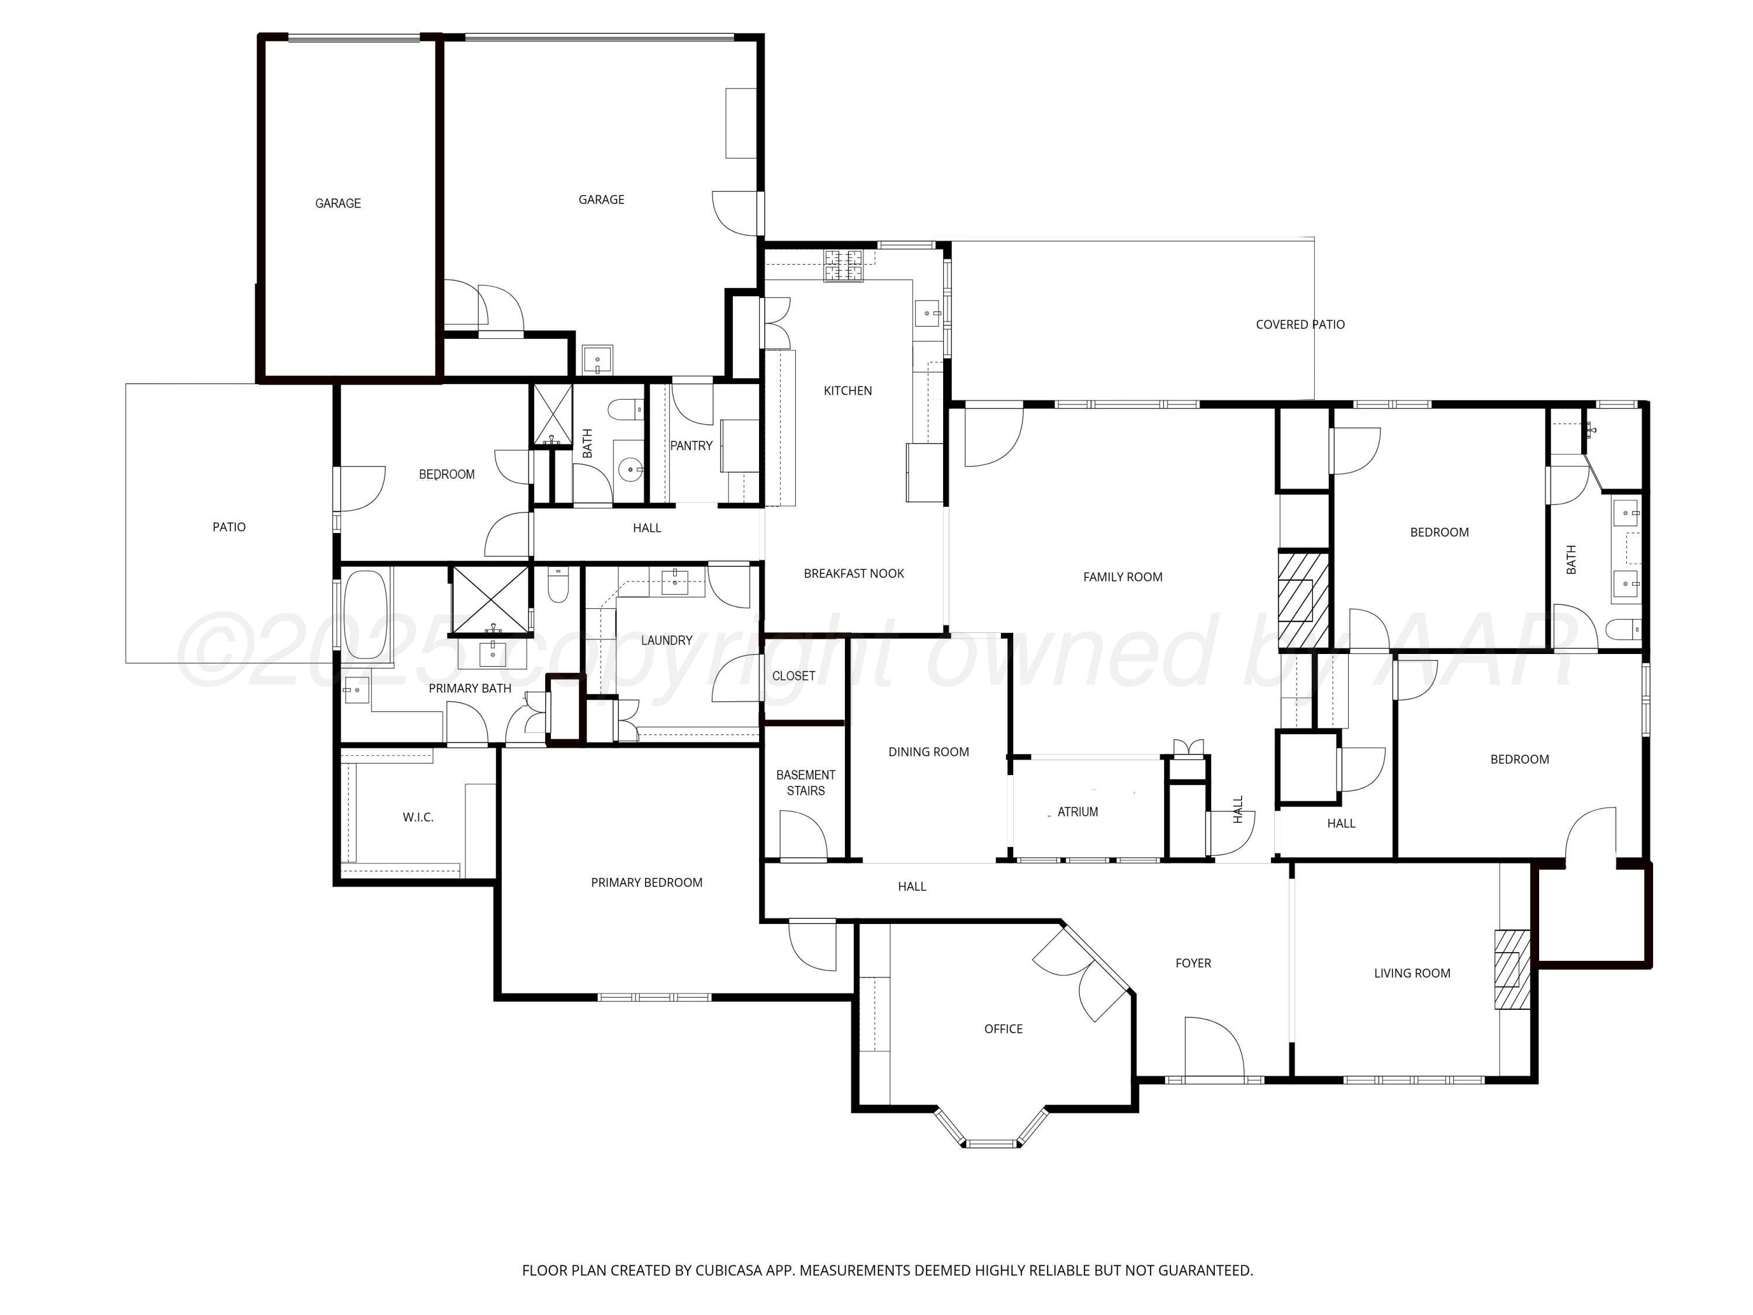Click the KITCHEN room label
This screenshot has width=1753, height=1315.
click(x=847, y=391)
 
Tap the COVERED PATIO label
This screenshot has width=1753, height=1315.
click(x=1300, y=324)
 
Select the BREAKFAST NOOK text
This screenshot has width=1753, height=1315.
click(x=854, y=573)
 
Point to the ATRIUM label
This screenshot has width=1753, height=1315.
click(x=1077, y=812)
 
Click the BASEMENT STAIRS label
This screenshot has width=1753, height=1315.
click(x=805, y=783)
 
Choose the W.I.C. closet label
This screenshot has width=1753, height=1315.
click(x=418, y=817)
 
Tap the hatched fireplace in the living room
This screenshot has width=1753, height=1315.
click(x=1511, y=968)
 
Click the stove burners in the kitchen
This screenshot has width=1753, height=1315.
click(x=843, y=265)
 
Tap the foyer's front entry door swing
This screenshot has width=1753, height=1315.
click(x=1212, y=1046)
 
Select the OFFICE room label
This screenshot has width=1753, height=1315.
click(x=1003, y=1029)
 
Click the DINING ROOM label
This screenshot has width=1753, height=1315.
click(x=928, y=752)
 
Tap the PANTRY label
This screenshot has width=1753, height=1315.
click(x=691, y=445)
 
